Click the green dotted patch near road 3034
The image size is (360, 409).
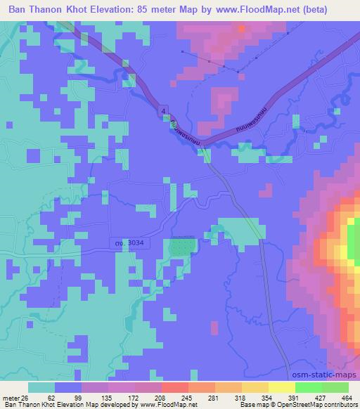(x=180, y=247)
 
